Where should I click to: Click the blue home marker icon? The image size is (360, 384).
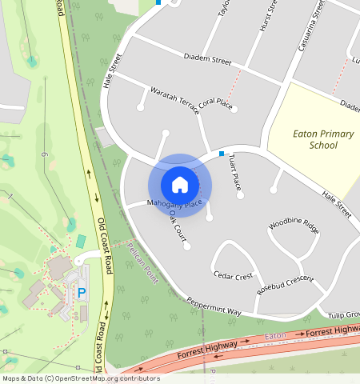180,185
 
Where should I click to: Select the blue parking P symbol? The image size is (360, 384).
82,294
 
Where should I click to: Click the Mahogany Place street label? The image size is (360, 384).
175,205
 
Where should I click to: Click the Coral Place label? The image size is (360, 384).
215,103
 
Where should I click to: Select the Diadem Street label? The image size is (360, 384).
206,61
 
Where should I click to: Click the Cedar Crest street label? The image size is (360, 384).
234,276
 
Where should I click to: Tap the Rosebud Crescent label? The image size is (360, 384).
285,284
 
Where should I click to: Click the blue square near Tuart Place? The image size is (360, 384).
222,153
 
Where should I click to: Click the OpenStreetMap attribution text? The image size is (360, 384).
81,378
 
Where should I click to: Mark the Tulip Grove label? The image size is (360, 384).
343,314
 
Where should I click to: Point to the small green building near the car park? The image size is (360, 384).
81,241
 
